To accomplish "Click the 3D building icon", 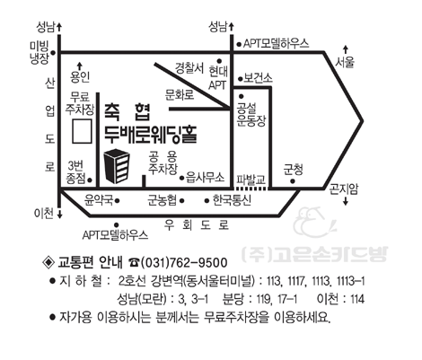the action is tap(117, 166).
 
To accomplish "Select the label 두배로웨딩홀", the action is tap(151, 134).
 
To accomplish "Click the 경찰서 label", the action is tap(189, 68).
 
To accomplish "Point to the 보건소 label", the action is tap(258, 78).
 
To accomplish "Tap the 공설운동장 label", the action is tap(251, 115).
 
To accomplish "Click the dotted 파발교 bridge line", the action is tap(251, 189).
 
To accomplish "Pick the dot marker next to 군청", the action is tap(293, 181).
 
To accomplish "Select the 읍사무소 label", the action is tap(205, 178).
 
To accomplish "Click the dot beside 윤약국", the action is tap(118, 201).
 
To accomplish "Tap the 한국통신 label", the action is tap(232, 200).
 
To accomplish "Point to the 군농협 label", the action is tap(162, 200).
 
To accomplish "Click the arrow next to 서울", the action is tap(346, 50).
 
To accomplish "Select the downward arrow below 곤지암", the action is tap(346, 200).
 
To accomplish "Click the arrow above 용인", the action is tap(79, 66).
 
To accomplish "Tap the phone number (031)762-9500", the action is tap(184, 263).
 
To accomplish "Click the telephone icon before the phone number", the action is tap(134, 263).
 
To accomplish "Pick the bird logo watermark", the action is tap(314, 222).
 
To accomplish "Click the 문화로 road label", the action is tap(180, 94).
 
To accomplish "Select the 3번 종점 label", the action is tap(75, 172).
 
